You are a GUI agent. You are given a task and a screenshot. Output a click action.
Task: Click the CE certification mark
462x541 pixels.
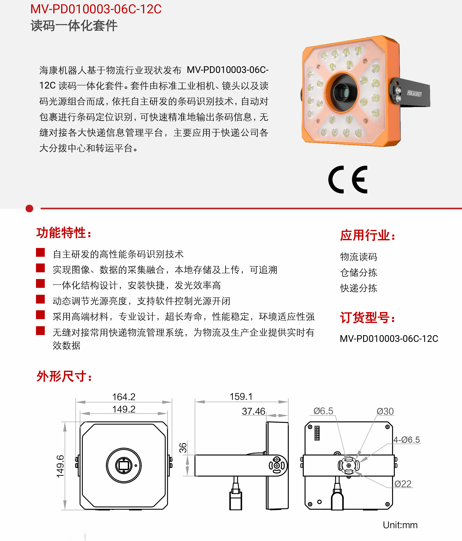348,180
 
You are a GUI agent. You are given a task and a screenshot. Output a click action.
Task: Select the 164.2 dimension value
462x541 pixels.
124,397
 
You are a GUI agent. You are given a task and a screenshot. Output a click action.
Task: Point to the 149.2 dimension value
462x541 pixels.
124,409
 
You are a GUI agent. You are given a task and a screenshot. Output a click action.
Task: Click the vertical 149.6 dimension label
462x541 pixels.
60,466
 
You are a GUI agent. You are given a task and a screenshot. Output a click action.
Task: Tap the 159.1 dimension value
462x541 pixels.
241,397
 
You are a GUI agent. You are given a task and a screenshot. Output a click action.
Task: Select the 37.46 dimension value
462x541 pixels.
254,411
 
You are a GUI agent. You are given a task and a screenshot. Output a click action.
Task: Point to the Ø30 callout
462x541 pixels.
385,411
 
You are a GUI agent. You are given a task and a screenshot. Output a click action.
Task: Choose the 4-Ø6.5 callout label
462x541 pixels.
407,440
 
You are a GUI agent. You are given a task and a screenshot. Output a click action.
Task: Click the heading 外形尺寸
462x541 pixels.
64,376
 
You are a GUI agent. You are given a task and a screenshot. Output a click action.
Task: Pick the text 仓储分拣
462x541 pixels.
358,272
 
